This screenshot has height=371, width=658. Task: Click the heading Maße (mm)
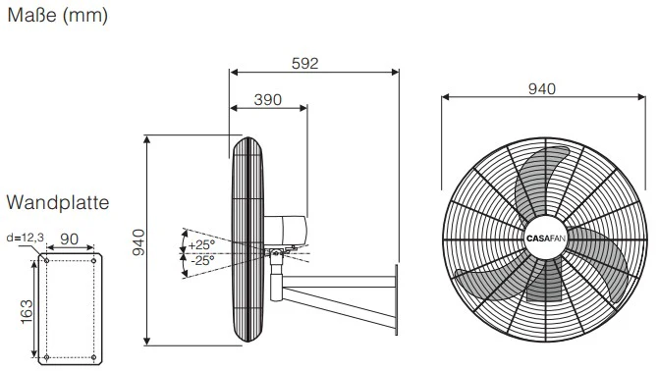tap(58, 16)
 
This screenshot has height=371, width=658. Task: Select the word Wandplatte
tap(58, 202)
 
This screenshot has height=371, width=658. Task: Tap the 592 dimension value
tap(305, 63)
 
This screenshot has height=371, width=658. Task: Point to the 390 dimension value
tap(268, 100)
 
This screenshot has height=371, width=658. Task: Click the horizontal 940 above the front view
tap(542, 89)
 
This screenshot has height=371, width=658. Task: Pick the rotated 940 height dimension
tap(138, 242)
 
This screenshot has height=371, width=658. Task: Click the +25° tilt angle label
tap(201, 244)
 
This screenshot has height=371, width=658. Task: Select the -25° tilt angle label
tap(202, 260)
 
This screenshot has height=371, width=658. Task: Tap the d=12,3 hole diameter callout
tap(26, 238)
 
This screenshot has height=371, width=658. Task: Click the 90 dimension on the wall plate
tap(70, 238)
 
